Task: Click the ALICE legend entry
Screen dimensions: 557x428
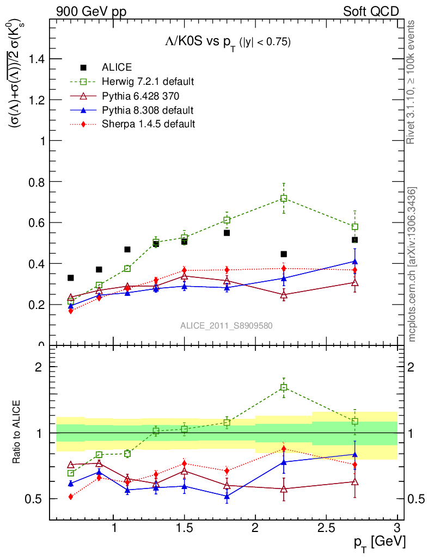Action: coord(117,67)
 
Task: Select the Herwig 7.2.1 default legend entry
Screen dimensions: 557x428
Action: coord(148,82)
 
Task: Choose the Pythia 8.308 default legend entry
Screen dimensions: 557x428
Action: coord(148,110)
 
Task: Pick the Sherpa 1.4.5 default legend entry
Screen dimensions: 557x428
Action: coord(148,124)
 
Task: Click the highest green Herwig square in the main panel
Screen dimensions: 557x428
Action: coord(284,199)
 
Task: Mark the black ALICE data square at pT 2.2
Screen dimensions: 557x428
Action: coord(284,254)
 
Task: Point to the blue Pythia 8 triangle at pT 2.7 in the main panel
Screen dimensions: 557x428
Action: coord(355,262)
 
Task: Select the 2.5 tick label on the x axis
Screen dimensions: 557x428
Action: coord(326,528)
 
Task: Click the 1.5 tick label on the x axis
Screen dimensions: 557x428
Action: coord(185,528)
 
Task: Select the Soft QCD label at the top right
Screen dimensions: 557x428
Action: coord(371,11)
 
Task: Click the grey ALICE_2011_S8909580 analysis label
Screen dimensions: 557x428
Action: coord(227,326)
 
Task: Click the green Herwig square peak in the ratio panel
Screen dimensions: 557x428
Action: coord(284,387)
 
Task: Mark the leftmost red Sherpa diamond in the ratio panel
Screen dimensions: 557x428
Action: coord(71,497)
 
